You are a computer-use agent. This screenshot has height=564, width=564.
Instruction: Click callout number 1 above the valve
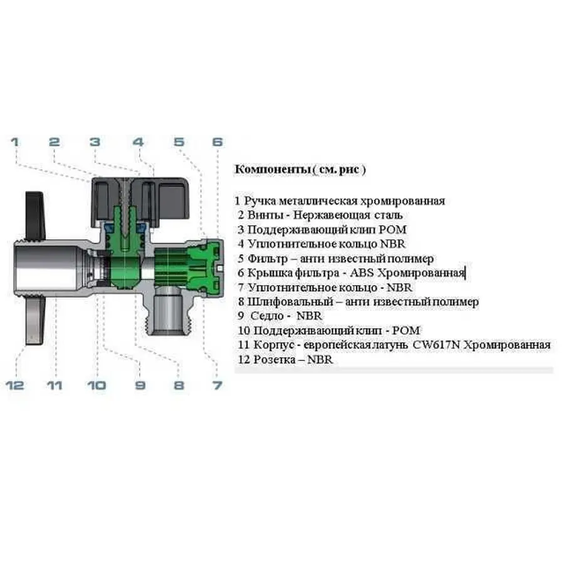coord(15,142)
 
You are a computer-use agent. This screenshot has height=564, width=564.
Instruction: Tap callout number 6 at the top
coord(217,142)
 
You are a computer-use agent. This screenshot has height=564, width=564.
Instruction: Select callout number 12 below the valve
coord(15,385)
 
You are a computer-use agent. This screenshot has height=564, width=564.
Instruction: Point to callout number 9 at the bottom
coord(140,385)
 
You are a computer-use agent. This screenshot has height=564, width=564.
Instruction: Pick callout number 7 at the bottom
coord(217,385)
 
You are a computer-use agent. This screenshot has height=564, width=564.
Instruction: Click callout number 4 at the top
coord(138,142)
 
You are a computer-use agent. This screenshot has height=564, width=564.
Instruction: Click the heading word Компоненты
coord(272,169)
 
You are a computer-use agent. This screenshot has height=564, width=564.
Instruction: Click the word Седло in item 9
coord(267,316)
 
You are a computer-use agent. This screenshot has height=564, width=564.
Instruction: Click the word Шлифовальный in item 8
coord(290,302)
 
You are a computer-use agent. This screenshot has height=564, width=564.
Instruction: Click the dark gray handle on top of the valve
coord(140,201)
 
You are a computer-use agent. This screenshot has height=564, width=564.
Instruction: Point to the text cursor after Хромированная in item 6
coord(466,273)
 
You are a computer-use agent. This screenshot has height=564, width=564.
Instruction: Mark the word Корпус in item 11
coord(275,345)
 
